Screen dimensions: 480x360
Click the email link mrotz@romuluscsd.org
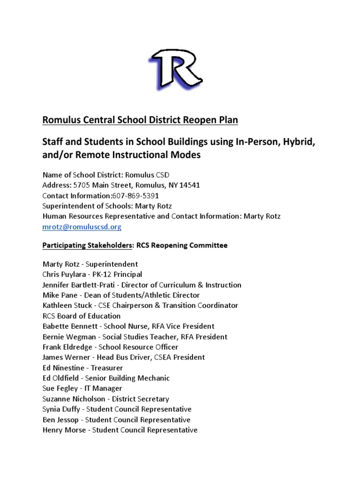[x=82, y=227]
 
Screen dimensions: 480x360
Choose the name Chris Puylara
[x=66, y=274]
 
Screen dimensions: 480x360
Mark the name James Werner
[x=65, y=357]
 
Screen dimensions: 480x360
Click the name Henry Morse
[x=64, y=430]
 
